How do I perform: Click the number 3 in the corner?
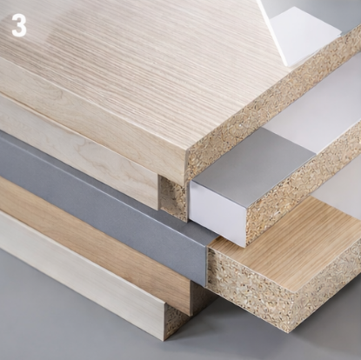18,25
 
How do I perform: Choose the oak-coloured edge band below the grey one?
96,248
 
